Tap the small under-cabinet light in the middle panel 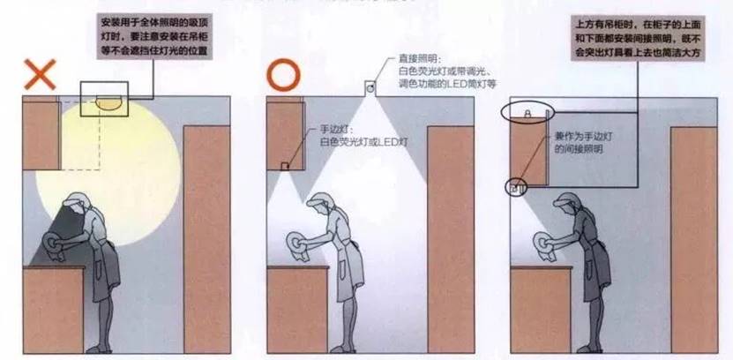tap(284, 166)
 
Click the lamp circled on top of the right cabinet tap(527, 114)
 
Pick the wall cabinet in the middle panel tap(286, 132)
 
